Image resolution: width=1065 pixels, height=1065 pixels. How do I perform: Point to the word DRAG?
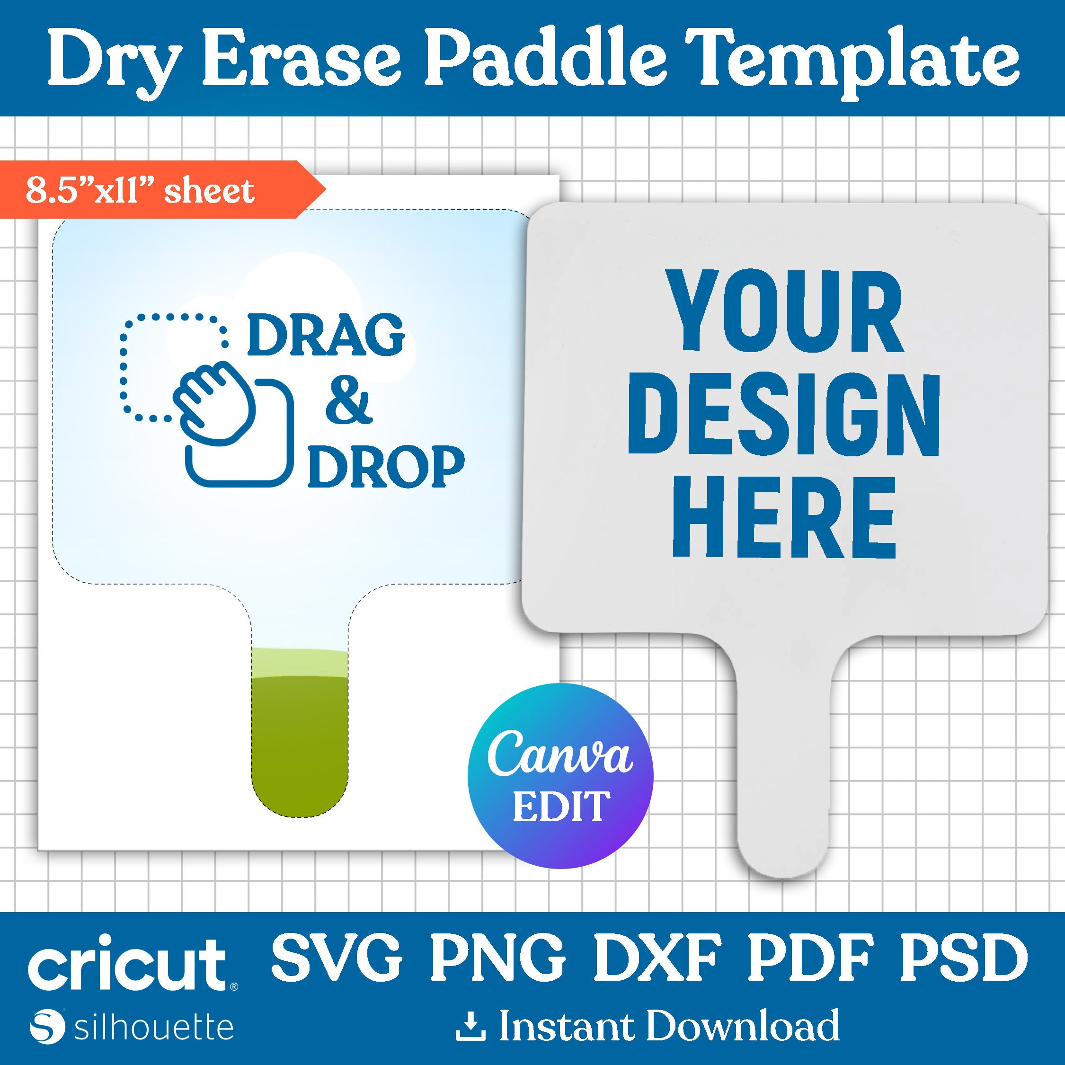click(x=326, y=335)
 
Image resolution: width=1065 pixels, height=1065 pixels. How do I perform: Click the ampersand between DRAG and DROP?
click(x=346, y=398)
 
